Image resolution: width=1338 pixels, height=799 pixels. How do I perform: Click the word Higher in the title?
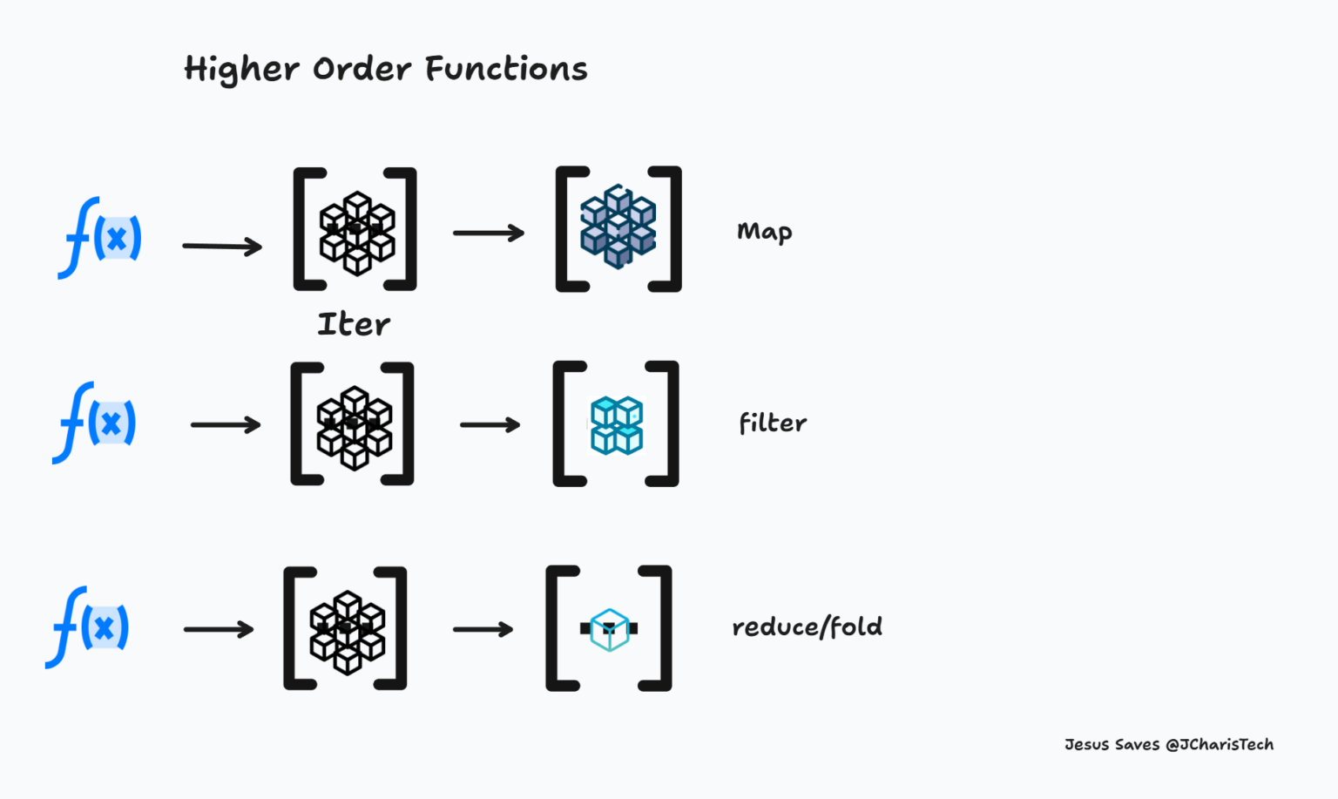click(x=241, y=70)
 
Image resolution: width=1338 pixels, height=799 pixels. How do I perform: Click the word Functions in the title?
click(x=506, y=69)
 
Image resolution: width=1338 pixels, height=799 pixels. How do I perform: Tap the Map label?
click(x=764, y=232)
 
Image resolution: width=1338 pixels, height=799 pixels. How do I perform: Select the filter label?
click(x=772, y=423)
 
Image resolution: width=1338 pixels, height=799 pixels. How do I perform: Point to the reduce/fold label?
click(x=807, y=626)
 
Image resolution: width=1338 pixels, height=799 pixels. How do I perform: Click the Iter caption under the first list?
click(x=354, y=324)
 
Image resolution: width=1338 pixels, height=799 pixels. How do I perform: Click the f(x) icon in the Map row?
click(x=100, y=237)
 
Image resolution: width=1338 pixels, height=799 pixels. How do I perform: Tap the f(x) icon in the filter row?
click(x=95, y=423)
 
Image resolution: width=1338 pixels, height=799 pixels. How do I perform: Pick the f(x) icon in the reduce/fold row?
click(x=88, y=627)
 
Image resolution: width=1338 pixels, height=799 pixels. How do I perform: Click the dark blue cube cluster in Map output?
click(x=618, y=227)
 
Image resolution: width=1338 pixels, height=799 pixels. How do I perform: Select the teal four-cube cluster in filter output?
click(x=617, y=425)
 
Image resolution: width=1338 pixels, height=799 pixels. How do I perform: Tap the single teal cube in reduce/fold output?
click(x=609, y=629)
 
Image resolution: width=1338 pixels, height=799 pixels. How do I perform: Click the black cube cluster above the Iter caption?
click(x=356, y=233)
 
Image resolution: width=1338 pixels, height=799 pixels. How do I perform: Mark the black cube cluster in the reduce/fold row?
click(x=347, y=632)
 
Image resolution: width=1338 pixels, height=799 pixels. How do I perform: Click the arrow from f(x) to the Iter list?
click(x=222, y=247)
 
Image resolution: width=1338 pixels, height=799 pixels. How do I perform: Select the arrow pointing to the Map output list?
click(x=489, y=233)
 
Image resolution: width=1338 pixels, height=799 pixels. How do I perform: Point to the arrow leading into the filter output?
click(x=490, y=425)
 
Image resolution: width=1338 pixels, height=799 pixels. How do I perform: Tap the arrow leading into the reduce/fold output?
click(x=483, y=629)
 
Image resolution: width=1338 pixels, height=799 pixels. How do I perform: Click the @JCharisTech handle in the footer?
click(x=1220, y=744)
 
